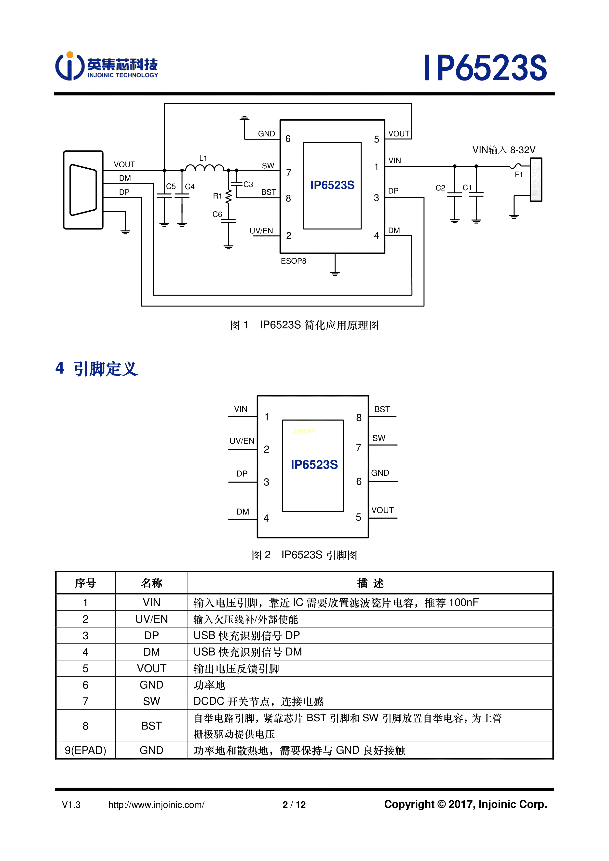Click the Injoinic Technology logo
pyautogui.click(x=107, y=66)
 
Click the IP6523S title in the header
pyautogui.click(x=485, y=68)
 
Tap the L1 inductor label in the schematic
pyautogui.click(x=203, y=158)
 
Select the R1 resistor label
pyautogui.click(x=217, y=196)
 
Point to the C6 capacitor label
pyautogui.click(x=217, y=215)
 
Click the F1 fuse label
pyautogui.click(x=519, y=175)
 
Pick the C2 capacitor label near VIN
pyautogui.click(x=440, y=188)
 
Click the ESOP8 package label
pyautogui.click(x=293, y=261)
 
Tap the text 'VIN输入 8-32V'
pyautogui.click(x=504, y=150)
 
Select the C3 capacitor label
pyautogui.click(x=248, y=185)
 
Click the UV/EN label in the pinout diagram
pyautogui.click(x=242, y=441)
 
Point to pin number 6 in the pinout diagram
pyautogui.click(x=358, y=482)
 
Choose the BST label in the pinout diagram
pyautogui.click(x=382, y=409)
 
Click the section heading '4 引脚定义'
pyautogui.click(x=96, y=369)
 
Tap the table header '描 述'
pyautogui.click(x=370, y=583)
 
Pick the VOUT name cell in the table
pyautogui.click(x=151, y=668)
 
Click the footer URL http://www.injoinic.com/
pyautogui.click(x=156, y=805)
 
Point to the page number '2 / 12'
pyautogui.click(x=294, y=805)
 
